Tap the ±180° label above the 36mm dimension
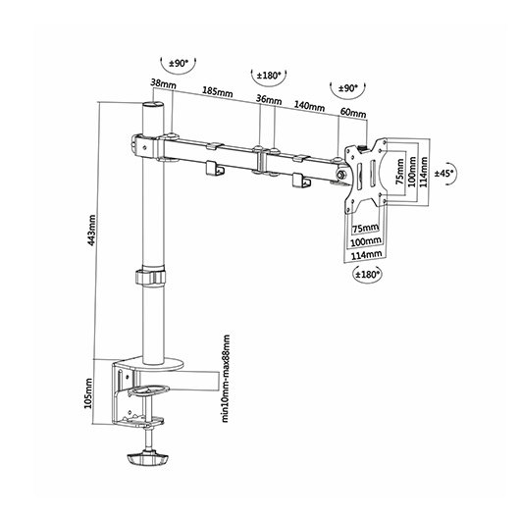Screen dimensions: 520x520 (x=269, y=74)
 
